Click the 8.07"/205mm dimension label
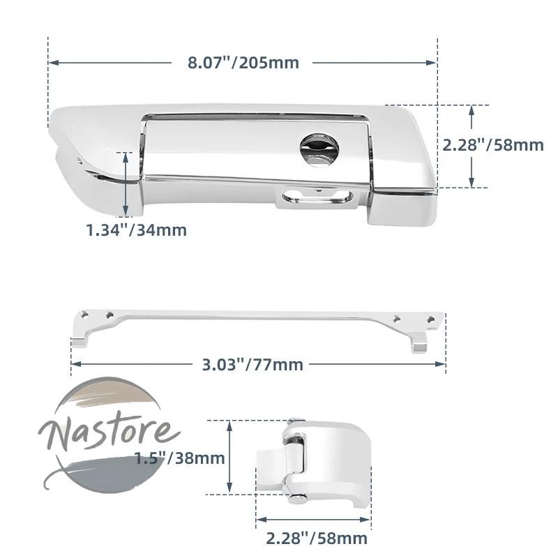pyautogui.click(x=243, y=63)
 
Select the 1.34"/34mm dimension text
pyautogui.click(x=137, y=230)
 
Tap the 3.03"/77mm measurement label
pyautogui.click(x=252, y=365)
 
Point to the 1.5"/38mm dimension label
pyautogui.click(x=180, y=458)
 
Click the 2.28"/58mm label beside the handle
pyautogui.click(x=493, y=145)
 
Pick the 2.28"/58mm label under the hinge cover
pyautogui.click(x=317, y=538)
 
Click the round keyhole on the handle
pyautogui.click(x=319, y=150)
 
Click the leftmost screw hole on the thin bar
pyautogui.click(x=84, y=315)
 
